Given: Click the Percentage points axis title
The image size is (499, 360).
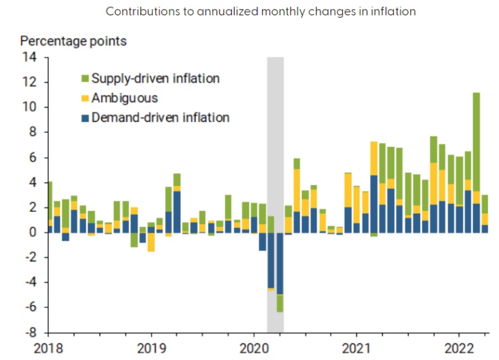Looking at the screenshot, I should pos(74,40).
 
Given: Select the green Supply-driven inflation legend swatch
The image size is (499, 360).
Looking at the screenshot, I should pos(84,79).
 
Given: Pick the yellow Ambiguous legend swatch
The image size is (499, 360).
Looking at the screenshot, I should pos(84,98).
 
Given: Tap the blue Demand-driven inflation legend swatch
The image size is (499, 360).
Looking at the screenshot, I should pos(84,117).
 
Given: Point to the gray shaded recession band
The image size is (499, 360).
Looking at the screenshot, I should pos(275,128).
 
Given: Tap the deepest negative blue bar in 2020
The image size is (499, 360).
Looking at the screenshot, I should pos(280,263).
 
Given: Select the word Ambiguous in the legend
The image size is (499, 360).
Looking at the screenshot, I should pos(125,98).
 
